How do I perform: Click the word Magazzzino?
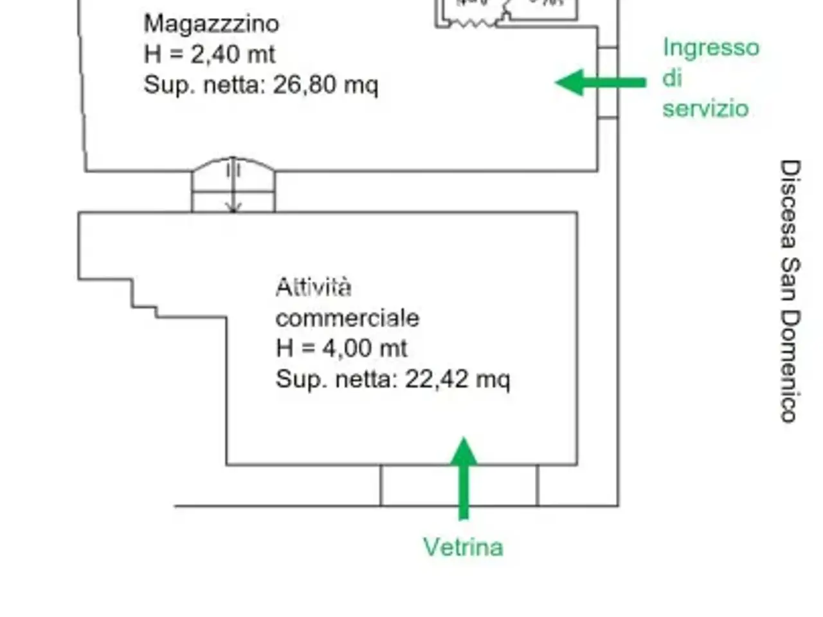[212, 24]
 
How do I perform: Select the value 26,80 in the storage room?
[304, 85]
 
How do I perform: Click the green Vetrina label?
[463, 547]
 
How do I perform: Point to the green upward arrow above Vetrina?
[464, 478]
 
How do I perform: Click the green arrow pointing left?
[601, 82]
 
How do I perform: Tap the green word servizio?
[705, 109]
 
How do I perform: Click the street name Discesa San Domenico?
[790, 291]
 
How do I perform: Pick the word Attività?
[314, 288]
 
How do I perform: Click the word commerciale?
[347, 318]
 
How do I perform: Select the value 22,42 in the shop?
[437, 379]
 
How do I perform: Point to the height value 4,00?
[347, 348]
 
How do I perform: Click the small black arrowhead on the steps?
[233, 208]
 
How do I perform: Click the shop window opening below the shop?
[459, 485]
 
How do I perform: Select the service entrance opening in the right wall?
[608, 82]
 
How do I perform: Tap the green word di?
[672, 78]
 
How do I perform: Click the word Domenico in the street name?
[790, 366]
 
